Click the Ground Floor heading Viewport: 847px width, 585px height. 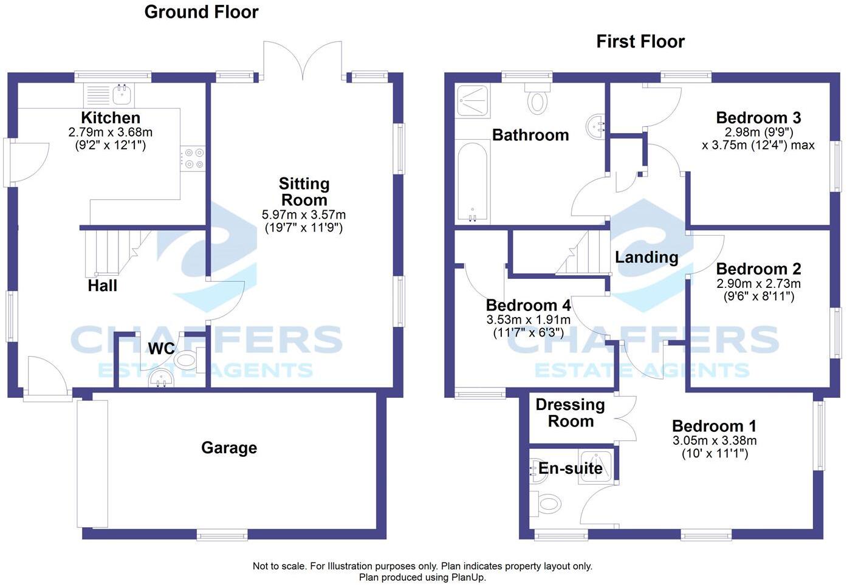coord(201,12)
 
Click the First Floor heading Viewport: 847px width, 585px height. coord(640,41)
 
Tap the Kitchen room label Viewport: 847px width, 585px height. coord(111,118)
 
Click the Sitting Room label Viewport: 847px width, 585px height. coord(304,191)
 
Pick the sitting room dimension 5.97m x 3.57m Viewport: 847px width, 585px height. coord(304,214)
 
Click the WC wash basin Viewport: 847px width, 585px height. coord(161,379)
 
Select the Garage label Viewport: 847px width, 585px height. coord(229,448)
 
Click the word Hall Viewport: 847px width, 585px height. coord(102,286)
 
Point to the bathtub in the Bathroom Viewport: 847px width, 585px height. coord(472,182)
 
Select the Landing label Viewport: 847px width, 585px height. coord(646,257)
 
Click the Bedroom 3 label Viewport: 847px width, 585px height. coord(758,117)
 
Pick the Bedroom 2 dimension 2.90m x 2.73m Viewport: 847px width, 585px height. coord(758,284)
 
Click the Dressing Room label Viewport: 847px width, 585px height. coord(570,412)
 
